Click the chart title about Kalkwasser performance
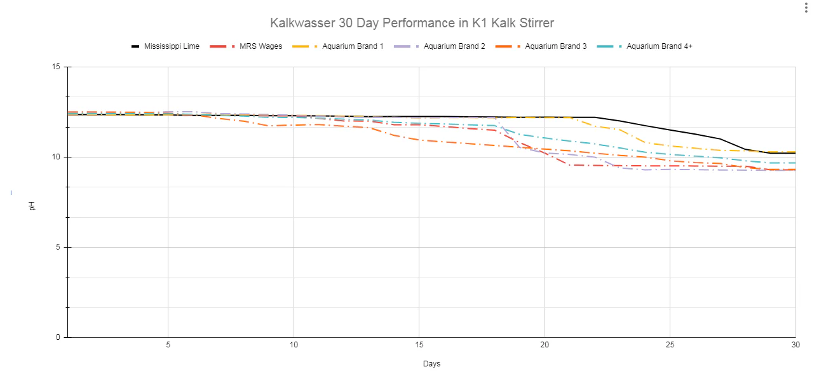[x=412, y=23]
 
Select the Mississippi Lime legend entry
[x=166, y=46]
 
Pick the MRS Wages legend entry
[x=246, y=46]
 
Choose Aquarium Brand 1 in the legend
[x=338, y=46]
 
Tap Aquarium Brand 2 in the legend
[x=439, y=46]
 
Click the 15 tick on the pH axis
[x=56, y=67]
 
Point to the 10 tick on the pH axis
[x=56, y=157]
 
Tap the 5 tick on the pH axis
[x=58, y=247]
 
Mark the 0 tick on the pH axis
[x=58, y=337]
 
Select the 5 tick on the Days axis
[x=168, y=345]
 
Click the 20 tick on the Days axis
[x=545, y=345]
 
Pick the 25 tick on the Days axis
[x=670, y=345]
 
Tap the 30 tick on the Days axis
[x=796, y=345]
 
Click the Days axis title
[x=432, y=364]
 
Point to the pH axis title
[x=32, y=206]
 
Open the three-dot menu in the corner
[x=806, y=8]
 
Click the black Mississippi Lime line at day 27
[x=720, y=139]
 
